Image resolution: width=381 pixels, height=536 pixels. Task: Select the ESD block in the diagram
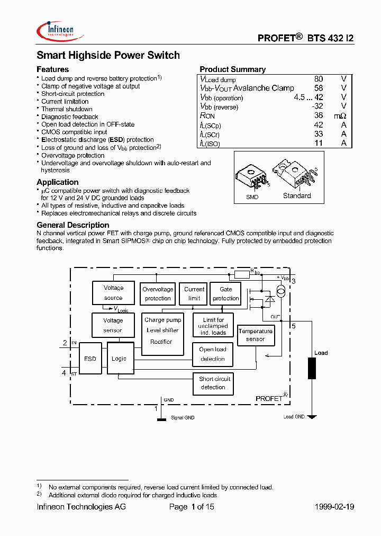click(90, 359)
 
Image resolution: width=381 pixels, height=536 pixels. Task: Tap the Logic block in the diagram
click(119, 359)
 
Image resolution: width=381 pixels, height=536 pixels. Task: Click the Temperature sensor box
click(256, 335)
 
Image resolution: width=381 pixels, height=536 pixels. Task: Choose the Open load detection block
click(213, 354)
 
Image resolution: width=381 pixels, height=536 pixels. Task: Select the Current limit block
click(194, 293)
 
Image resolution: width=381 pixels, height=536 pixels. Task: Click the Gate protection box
click(226, 293)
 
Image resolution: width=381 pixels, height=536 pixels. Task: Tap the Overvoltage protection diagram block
click(158, 293)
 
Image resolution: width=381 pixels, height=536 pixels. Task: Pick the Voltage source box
click(113, 293)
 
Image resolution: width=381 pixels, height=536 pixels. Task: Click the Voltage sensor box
click(113, 325)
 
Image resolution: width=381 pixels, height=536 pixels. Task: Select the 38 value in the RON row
click(318, 115)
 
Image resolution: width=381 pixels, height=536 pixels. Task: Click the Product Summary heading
click(232, 69)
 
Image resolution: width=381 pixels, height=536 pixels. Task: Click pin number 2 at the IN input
click(65, 343)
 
